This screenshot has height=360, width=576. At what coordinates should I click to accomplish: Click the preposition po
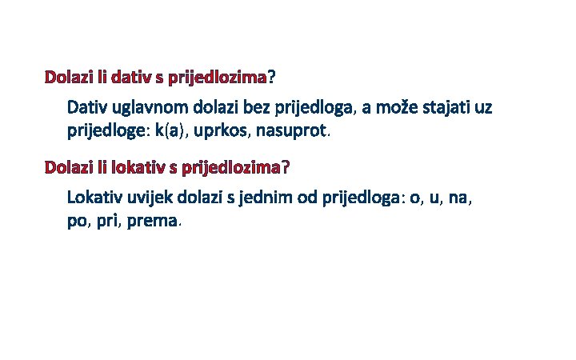coord(79,220)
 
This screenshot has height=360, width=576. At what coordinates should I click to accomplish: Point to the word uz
coord(483,106)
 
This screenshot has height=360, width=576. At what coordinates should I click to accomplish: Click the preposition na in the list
coord(460,198)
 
